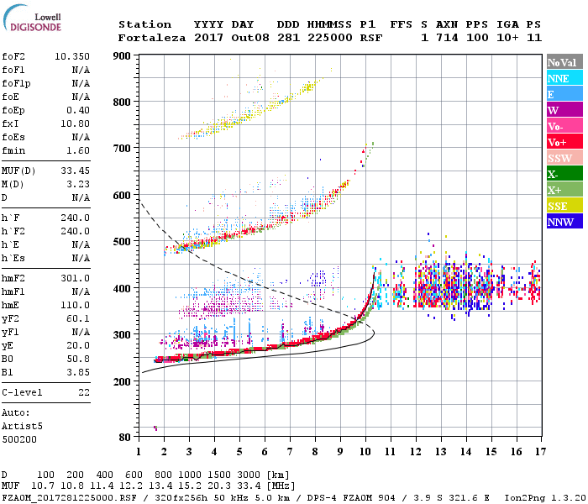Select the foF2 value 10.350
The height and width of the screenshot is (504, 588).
coord(72,56)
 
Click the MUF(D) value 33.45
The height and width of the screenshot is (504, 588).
coord(75,170)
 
